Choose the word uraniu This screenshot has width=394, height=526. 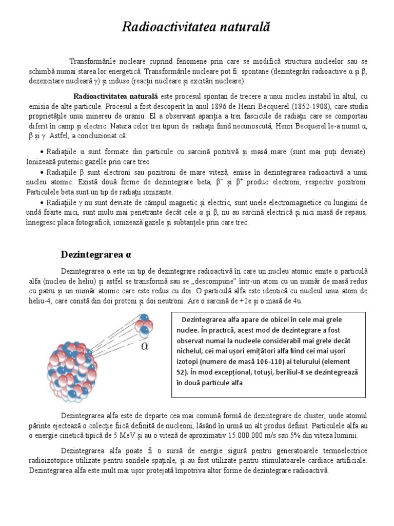pos(140,116)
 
